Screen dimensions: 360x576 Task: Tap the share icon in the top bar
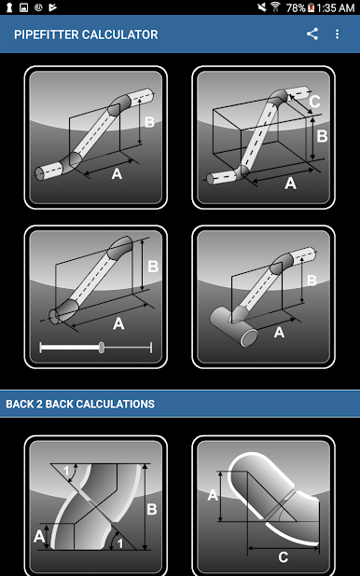pyautogui.click(x=312, y=34)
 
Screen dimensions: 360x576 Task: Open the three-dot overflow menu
pyautogui.click(x=338, y=34)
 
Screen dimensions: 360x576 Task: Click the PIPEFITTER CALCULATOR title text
pyautogui.click(x=86, y=34)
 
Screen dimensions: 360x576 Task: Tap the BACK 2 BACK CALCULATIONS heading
pyautogui.click(x=80, y=405)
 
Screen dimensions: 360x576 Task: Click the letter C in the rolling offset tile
pyautogui.click(x=314, y=102)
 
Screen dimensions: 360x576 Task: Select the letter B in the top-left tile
pyautogui.click(x=149, y=122)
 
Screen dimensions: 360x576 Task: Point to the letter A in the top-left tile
pyautogui.click(x=117, y=173)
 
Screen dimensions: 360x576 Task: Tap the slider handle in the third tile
pyautogui.click(x=101, y=348)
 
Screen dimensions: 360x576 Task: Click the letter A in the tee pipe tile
pyautogui.click(x=279, y=333)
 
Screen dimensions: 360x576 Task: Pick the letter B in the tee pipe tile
pyautogui.click(x=312, y=281)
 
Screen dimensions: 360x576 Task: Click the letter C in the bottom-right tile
pyautogui.click(x=284, y=557)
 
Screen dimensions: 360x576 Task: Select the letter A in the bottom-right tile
pyautogui.click(x=213, y=495)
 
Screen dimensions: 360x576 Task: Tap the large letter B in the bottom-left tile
pyautogui.click(x=152, y=510)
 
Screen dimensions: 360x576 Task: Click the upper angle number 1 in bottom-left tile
pyautogui.click(x=66, y=471)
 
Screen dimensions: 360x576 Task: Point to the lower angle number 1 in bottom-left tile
pyautogui.click(x=120, y=543)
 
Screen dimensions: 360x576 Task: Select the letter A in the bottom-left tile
pyautogui.click(x=39, y=537)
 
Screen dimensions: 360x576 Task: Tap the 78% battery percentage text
pyautogui.click(x=296, y=7)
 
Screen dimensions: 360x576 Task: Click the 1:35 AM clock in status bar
pyautogui.click(x=335, y=7)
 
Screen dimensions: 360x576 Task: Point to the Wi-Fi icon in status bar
pyautogui.click(x=275, y=7)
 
